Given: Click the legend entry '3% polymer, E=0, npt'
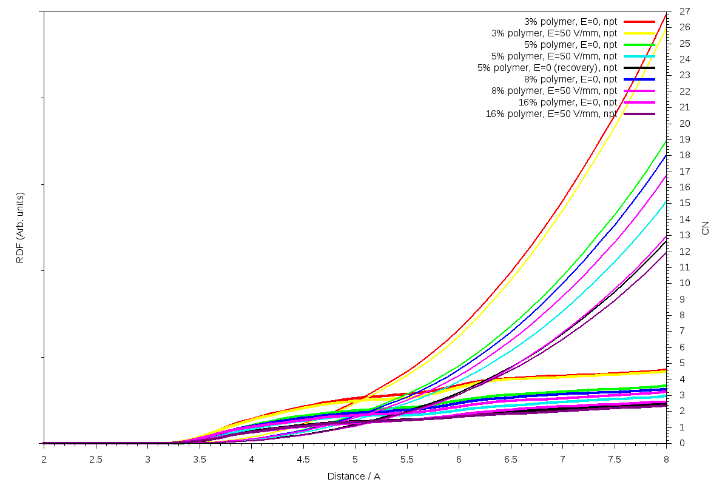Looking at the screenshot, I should click(x=570, y=21).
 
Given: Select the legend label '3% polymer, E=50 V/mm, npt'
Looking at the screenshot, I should click(x=554, y=33).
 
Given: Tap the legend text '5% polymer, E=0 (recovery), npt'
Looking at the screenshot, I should click(x=547, y=67).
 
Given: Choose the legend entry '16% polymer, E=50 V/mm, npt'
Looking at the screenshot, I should click(x=551, y=113).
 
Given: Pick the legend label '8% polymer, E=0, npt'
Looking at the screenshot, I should click(x=570, y=79).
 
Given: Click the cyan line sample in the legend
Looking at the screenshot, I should click(x=639, y=56).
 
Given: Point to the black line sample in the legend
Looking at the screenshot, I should click(x=639, y=67).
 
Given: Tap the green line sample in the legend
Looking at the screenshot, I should click(x=639, y=44).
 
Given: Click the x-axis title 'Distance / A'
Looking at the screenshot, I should click(x=354, y=476).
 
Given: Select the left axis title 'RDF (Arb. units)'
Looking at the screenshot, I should click(x=20, y=227).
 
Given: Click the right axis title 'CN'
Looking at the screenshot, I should click(x=705, y=227).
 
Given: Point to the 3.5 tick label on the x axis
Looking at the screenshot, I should click(x=200, y=459).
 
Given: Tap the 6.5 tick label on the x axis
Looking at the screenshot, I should click(x=511, y=459).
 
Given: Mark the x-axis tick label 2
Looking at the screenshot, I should click(x=44, y=459).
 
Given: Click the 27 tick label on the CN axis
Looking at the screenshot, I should click(x=684, y=12).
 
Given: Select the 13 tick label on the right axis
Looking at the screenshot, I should click(x=684, y=235).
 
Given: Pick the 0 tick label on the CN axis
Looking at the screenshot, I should click(x=682, y=443).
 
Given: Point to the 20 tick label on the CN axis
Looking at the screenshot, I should click(x=684, y=124).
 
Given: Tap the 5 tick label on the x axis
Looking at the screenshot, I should click(x=355, y=459).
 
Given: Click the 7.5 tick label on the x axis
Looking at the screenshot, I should click(x=615, y=459).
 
